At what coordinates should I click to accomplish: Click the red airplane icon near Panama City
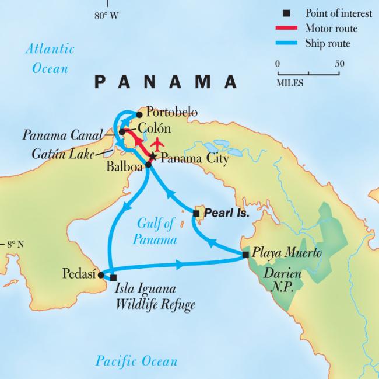coord(156,144)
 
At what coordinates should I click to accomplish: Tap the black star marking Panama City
coord(153,157)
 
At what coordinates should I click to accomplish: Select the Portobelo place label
coord(172,112)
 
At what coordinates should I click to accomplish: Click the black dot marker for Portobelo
coord(139,114)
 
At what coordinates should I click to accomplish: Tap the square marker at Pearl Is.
coord(196,214)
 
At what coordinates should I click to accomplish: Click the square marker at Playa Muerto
coord(245,255)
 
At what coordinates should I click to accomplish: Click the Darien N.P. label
coord(283,279)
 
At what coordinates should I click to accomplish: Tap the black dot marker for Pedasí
coord(101,274)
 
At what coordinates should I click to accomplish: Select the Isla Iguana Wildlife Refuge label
coord(155,296)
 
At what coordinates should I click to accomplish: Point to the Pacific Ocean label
coord(136,361)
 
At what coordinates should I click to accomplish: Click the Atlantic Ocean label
coord(50,58)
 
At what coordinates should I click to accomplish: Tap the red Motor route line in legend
coord(286,28)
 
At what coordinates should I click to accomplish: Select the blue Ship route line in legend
coord(286,43)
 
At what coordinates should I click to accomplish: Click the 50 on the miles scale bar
coord(339,64)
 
